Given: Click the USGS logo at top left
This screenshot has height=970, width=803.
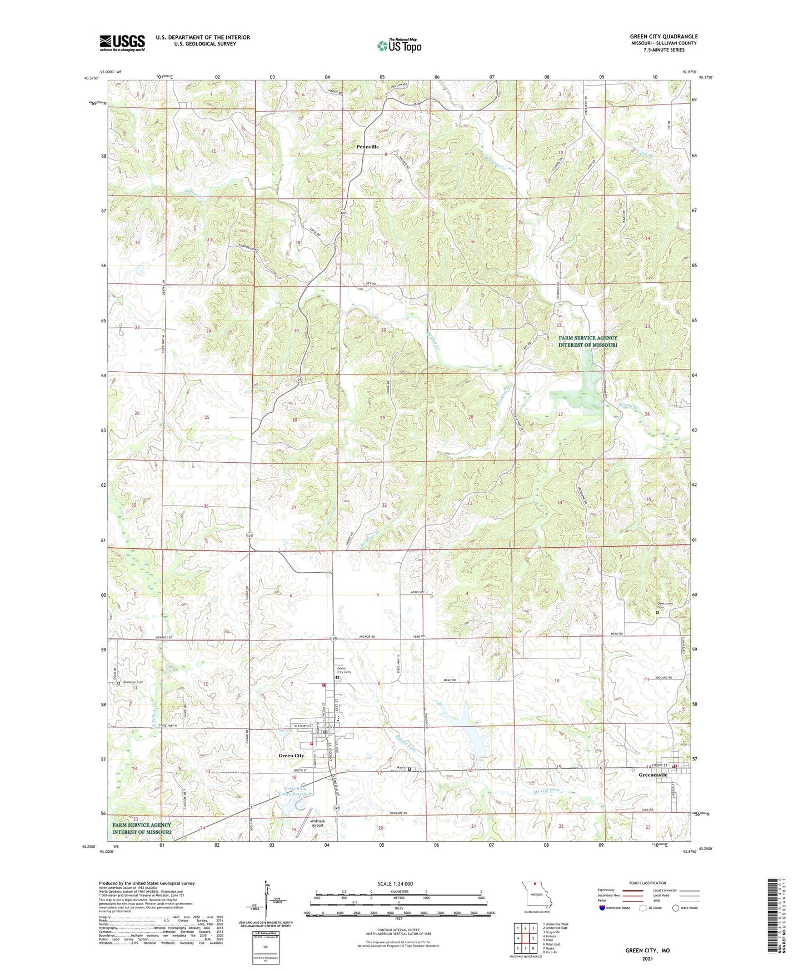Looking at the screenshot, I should point(122,43).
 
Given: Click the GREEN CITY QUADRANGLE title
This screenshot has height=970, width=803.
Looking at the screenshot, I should point(664,37).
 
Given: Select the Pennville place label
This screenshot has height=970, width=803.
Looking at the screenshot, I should point(367,147).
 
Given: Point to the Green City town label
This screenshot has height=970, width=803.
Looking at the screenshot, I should point(291,756).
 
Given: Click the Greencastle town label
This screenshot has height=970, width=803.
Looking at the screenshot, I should point(653,774).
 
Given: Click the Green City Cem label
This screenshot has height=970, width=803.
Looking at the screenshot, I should point(344,671).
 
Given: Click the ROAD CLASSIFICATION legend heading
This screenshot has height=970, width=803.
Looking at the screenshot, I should point(647,883).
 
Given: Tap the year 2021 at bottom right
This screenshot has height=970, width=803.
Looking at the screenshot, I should point(647,958).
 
